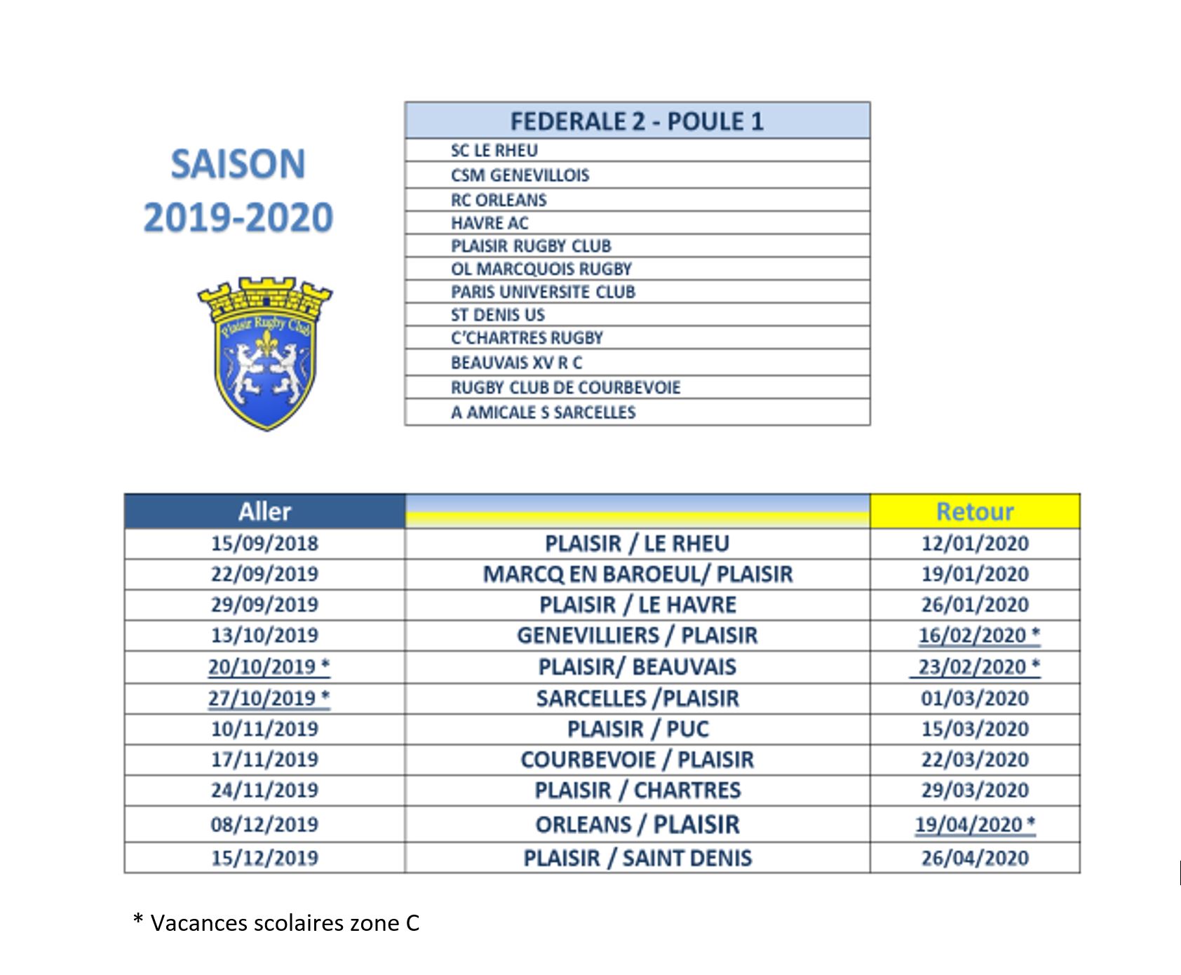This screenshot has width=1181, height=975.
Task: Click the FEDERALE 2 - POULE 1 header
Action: pos(636,121)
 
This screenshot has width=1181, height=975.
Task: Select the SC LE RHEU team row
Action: pos(494,151)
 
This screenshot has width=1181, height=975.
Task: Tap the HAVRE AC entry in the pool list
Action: pos(490,223)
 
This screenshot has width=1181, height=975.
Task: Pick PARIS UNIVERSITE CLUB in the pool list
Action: pos(543,292)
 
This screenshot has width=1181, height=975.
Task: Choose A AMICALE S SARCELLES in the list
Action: pos(543,412)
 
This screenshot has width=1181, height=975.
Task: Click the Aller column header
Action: pos(264,511)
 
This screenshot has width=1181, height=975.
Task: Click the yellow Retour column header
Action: pos(974,511)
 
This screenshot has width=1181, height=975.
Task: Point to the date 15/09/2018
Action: pos(264,544)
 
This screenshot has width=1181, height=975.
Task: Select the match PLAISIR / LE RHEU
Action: pos(637,544)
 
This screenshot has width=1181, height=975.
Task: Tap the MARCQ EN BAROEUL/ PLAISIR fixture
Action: pos(637,574)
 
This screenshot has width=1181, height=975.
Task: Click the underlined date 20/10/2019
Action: pos(262,666)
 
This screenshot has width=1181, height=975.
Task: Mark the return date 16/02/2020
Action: pos(972,636)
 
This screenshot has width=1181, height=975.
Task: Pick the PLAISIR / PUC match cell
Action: pos(637,729)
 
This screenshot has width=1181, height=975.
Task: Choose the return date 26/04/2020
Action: pos(974,858)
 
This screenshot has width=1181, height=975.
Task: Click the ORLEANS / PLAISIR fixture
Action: pos(637,824)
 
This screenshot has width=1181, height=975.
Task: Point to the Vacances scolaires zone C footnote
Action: pos(276,923)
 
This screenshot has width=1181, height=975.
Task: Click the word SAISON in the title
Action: pos(238,164)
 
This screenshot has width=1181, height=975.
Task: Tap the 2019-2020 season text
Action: pos(238,217)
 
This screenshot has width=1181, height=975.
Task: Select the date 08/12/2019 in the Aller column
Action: pos(264,824)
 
